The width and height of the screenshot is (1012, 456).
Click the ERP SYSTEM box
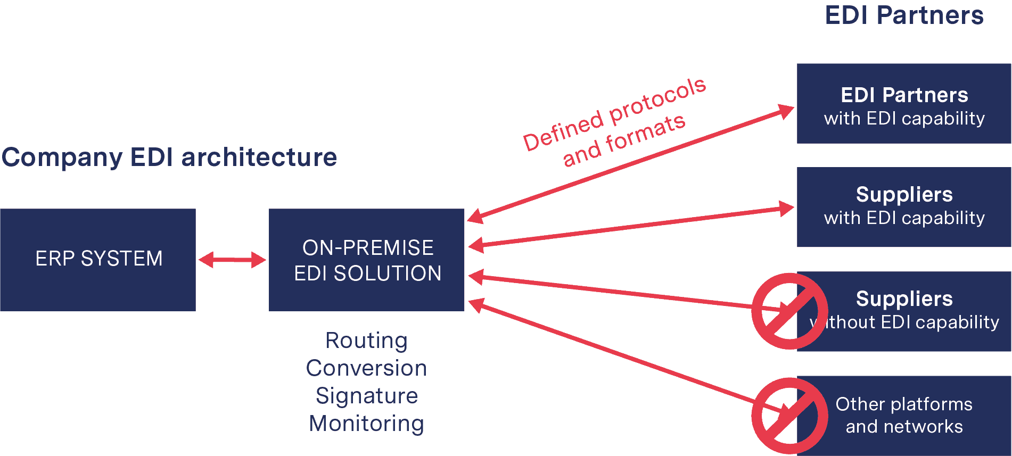(98, 260)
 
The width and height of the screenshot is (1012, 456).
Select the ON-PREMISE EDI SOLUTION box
(366, 260)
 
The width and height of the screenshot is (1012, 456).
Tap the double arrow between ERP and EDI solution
(232, 260)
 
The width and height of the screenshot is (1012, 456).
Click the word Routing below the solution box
(366, 341)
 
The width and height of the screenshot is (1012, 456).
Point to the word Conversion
(366, 368)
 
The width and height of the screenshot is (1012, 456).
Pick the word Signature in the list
(366, 396)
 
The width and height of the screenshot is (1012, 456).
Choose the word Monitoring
(366, 424)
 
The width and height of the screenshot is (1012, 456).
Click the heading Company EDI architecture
(169, 157)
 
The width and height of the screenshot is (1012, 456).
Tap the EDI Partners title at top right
(904, 15)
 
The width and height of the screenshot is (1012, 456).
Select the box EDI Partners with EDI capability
(904, 104)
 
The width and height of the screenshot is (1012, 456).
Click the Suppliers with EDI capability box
(904, 207)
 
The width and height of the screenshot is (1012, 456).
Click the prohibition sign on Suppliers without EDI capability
(789, 311)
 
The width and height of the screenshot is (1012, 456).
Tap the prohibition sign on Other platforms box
(789, 416)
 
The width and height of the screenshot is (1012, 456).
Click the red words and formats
(624, 140)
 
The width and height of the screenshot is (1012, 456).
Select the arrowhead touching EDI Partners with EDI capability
(785, 111)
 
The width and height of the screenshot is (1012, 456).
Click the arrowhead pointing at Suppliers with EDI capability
(786, 208)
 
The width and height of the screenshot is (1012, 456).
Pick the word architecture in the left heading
(259, 157)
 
